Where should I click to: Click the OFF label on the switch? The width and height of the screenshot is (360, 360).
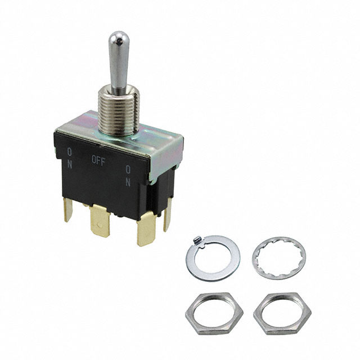(x=98, y=159)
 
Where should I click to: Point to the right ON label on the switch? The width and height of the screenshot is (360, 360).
(x=128, y=175)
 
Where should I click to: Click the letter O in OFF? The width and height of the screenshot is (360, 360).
(x=94, y=159)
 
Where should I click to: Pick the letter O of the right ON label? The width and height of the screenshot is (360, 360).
(x=128, y=169)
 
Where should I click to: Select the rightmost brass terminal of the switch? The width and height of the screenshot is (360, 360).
(x=167, y=217)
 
